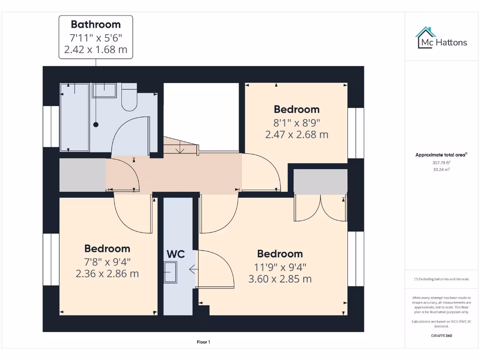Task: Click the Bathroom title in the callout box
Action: (x=96, y=24)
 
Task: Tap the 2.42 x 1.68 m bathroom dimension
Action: (x=96, y=49)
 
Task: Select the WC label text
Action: (x=175, y=255)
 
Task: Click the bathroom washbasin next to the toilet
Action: (x=104, y=90)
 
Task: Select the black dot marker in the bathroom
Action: (x=96, y=125)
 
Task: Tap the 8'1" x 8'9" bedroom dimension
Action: (x=296, y=123)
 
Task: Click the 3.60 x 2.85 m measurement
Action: (x=280, y=279)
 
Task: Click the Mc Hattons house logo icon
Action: (x=426, y=38)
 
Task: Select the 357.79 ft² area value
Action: (x=441, y=163)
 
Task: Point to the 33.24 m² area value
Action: (x=441, y=170)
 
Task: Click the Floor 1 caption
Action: (x=203, y=342)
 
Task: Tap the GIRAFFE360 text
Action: (x=441, y=336)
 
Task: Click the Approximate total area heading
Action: (x=441, y=155)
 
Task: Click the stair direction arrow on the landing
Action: (x=180, y=149)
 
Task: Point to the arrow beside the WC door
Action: (x=192, y=269)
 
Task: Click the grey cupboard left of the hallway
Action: (x=82, y=175)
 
